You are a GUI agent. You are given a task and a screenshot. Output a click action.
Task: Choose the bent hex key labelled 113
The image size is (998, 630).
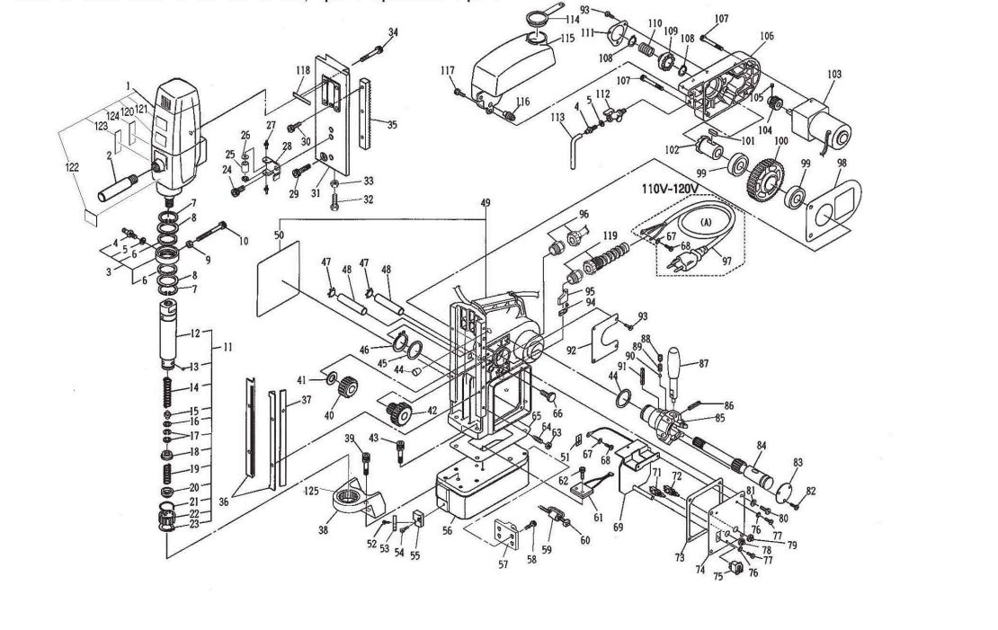[x=571, y=144]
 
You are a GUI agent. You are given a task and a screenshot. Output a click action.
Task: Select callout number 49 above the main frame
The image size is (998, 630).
[x=486, y=203]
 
